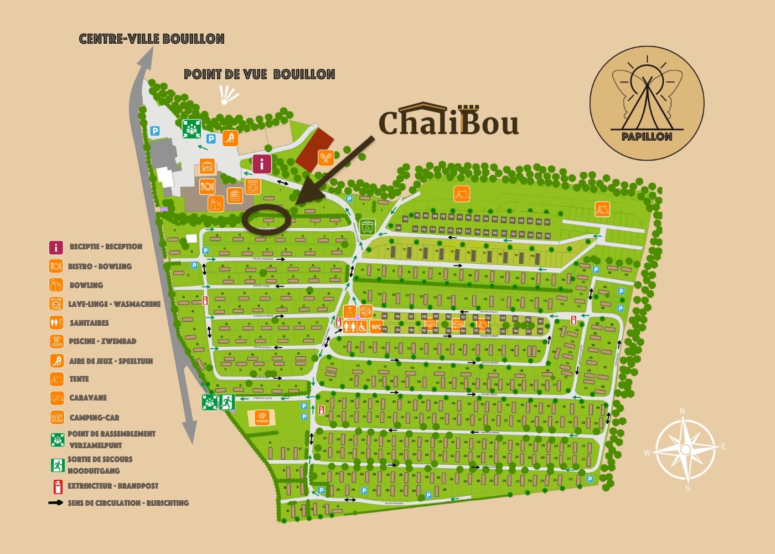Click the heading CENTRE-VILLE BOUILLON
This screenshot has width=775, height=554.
point(152,39)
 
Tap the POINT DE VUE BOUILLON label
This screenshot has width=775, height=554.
point(259,74)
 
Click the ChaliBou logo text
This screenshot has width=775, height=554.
point(448,121)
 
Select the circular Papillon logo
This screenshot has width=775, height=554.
point(647,103)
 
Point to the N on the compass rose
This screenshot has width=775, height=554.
point(682,411)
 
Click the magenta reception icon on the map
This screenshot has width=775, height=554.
point(262,164)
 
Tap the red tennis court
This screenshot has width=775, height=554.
point(314,149)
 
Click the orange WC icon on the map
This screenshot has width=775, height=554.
point(376,327)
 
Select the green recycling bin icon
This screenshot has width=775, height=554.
point(367,227)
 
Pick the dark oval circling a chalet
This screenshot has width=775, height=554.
point(266,219)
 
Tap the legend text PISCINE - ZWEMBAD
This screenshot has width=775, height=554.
point(102,341)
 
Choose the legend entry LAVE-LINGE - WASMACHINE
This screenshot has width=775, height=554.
point(114,304)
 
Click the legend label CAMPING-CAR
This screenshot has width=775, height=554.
point(94,418)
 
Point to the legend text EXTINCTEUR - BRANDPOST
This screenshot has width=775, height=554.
point(113,486)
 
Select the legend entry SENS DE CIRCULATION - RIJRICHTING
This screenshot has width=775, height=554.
point(128,503)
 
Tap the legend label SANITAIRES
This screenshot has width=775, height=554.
point(89,323)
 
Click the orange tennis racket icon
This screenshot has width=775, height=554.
point(325,158)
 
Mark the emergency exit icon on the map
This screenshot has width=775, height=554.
point(226,402)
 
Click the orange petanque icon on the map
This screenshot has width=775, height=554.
point(262,417)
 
